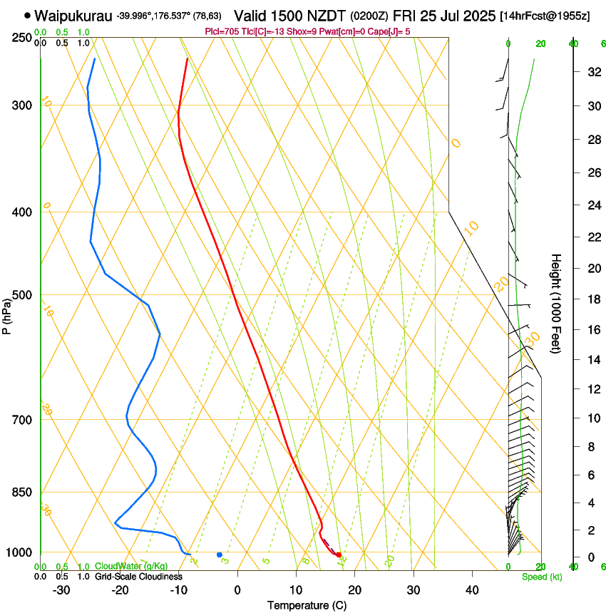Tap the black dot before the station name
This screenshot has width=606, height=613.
[x=27, y=15]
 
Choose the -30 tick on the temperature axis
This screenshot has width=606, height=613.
[x=61, y=590]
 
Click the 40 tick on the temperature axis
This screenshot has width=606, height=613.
[x=471, y=590]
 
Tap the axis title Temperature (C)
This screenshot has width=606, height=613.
[x=307, y=605]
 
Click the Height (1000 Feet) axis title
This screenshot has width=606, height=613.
[x=555, y=303]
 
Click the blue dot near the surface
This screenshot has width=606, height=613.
[x=220, y=555]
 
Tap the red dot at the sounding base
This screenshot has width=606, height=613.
[x=339, y=555]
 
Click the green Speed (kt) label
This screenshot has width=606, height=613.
[x=541, y=577]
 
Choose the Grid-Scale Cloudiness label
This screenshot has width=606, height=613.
[x=138, y=577]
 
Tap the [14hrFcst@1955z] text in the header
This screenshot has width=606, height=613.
[x=545, y=16]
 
